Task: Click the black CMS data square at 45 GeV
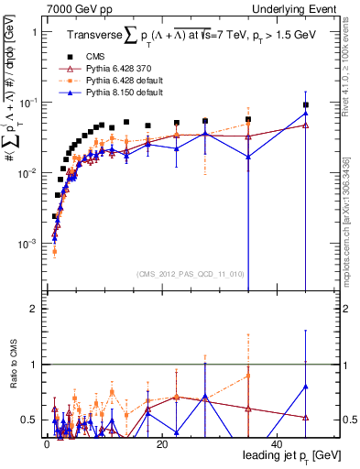[306, 105]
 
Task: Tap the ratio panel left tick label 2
[34, 310]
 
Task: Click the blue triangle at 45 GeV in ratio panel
[306, 387]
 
